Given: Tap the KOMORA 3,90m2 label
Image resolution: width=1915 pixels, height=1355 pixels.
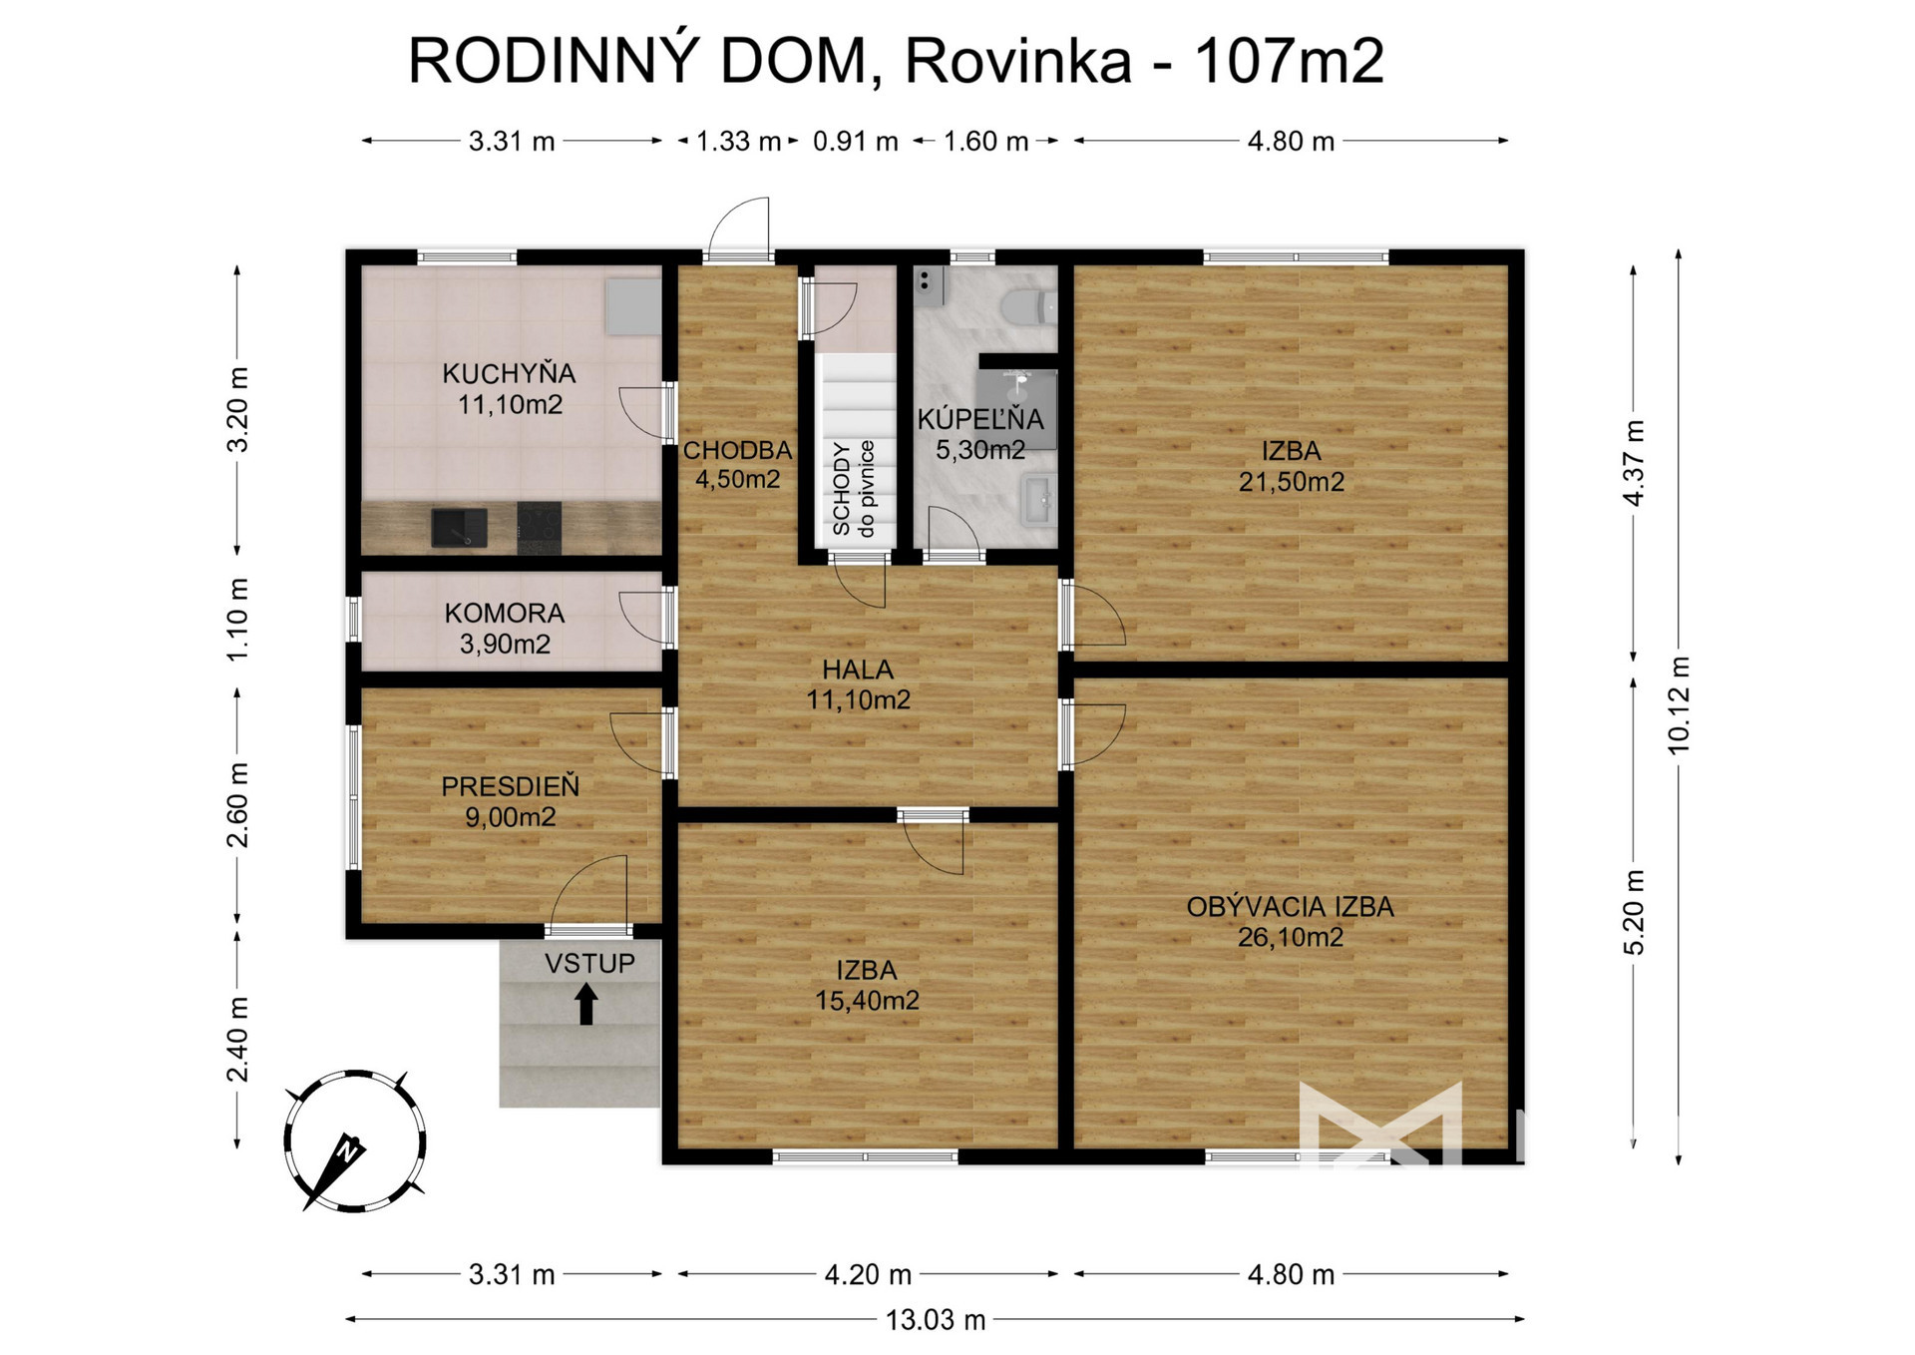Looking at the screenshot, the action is click(x=505, y=628).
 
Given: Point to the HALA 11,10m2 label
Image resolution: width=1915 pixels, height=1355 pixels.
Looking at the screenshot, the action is click(x=858, y=684).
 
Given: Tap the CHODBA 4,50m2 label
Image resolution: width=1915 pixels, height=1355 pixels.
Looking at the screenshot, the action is click(x=737, y=464).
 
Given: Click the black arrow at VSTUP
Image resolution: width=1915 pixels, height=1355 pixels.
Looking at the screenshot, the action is click(x=586, y=1004).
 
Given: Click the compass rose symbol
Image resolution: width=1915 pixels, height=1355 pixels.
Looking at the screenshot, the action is click(x=354, y=1141).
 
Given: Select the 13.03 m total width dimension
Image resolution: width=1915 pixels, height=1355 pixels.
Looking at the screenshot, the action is click(x=936, y=1320).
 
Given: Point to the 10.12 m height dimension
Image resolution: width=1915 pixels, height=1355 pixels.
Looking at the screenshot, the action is click(x=1679, y=706).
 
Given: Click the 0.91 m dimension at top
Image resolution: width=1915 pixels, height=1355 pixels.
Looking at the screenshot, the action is click(x=856, y=141).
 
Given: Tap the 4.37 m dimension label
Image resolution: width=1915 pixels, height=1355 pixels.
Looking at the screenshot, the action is click(x=1634, y=463).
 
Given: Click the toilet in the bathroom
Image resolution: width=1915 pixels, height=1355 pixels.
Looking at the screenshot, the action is click(x=1028, y=306).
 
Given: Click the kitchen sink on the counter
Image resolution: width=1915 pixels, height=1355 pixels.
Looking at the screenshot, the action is click(x=459, y=528).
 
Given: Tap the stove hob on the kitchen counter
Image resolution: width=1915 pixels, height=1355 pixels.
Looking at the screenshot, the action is click(x=539, y=527).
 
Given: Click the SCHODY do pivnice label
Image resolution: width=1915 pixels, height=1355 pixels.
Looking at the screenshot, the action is click(x=853, y=489).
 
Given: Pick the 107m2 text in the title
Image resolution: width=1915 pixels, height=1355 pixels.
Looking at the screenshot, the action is click(x=1289, y=61).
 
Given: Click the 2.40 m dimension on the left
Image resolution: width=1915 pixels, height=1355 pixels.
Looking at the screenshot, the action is click(x=237, y=1039).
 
